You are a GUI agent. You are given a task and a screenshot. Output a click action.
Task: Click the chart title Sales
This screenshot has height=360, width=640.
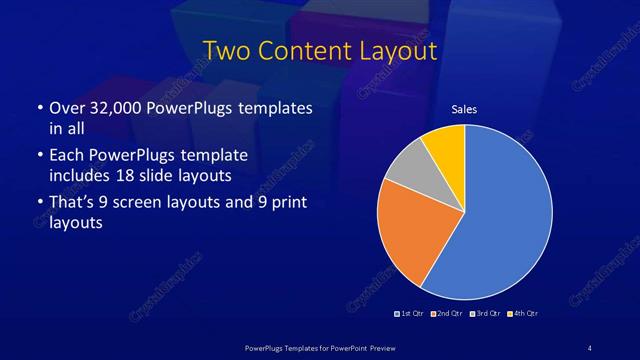click(x=464, y=109)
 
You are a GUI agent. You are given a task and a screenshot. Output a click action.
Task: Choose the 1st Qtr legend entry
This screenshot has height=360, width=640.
click(x=410, y=314)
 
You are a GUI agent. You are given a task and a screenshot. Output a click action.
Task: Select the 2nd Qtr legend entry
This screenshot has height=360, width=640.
click(x=446, y=314)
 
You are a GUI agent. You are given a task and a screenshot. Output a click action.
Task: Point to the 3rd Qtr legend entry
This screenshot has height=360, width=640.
click(x=484, y=314)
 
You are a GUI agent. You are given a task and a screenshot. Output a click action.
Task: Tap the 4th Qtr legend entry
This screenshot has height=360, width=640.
click(x=521, y=314)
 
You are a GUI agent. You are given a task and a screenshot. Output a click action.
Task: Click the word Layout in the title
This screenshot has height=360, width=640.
click(x=393, y=50)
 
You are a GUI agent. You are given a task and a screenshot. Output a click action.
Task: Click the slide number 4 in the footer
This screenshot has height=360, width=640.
click(x=589, y=347)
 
